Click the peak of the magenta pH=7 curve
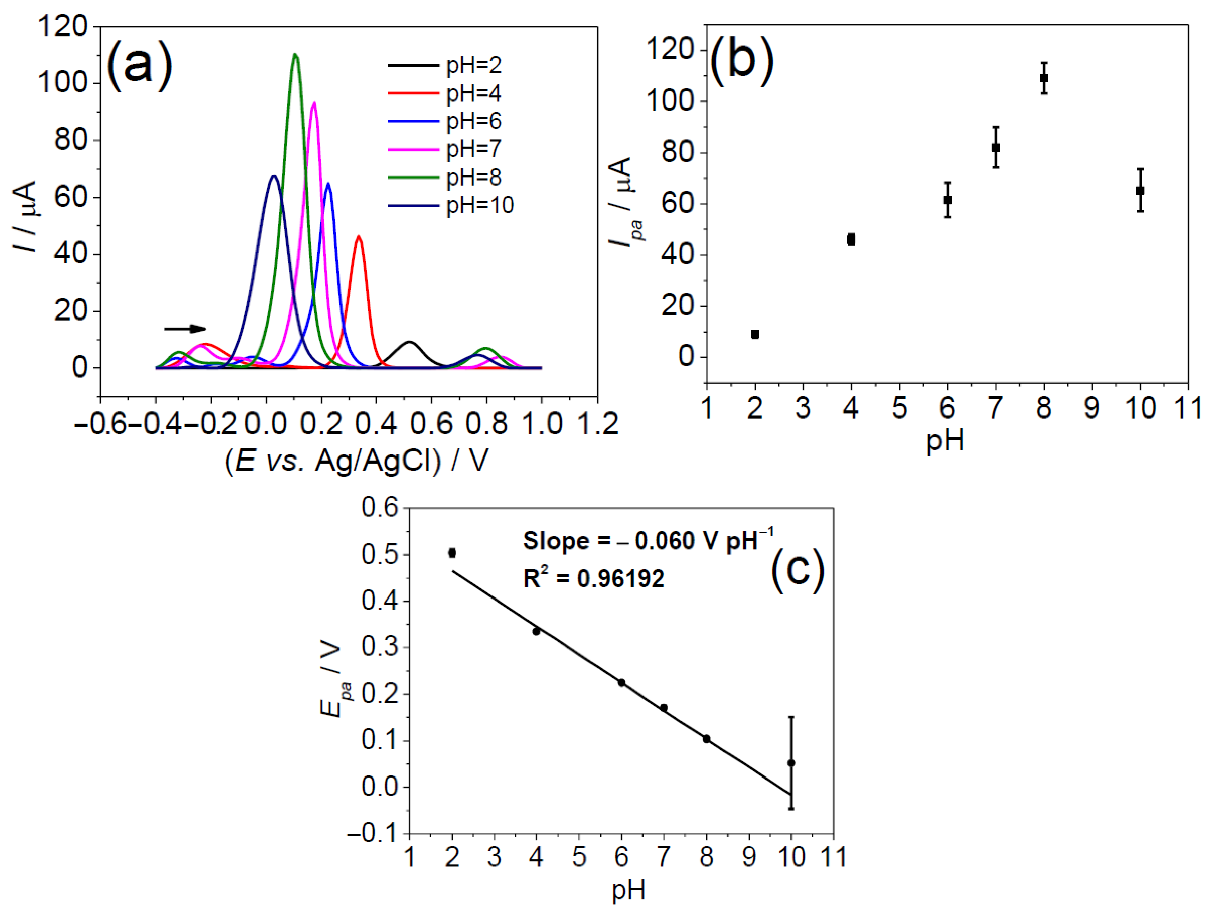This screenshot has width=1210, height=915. click(x=313, y=103)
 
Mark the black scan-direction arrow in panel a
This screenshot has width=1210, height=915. click(x=184, y=328)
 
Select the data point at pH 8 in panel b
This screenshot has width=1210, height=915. click(x=1043, y=78)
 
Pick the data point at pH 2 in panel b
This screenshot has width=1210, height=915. click(x=754, y=334)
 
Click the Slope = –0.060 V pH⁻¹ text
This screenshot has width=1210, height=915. click(x=648, y=541)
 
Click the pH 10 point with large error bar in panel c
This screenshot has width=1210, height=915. click(x=791, y=762)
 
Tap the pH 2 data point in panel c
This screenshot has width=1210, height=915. click(x=451, y=553)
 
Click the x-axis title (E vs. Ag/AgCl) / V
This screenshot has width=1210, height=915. click(x=356, y=461)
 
